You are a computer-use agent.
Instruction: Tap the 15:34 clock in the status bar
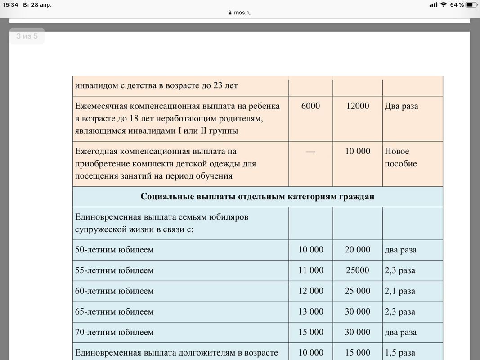(x=10, y=5)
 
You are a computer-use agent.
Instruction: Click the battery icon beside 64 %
(x=471, y=5)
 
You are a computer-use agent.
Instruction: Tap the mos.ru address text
(x=242, y=13)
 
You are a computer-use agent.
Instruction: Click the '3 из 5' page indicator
(x=27, y=36)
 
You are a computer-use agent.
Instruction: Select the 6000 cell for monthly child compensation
(x=311, y=106)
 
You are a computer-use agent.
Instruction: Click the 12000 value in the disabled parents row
(x=358, y=106)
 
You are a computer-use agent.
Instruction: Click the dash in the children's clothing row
(x=311, y=152)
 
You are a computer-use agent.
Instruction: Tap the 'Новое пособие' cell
(x=401, y=157)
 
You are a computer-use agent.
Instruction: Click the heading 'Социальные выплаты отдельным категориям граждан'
(x=257, y=197)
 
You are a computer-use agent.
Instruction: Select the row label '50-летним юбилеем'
(x=114, y=250)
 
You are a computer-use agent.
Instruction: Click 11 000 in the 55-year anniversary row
(x=311, y=270)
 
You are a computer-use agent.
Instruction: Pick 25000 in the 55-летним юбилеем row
(x=358, y=270)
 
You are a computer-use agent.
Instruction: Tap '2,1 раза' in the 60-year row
(x=400, y=291)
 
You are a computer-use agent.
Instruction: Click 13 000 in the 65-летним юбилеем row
(x=311, y=312)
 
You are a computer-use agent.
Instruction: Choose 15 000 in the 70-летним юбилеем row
(x=311, y=333)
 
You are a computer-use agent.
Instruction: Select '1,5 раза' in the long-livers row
(x=400, y=353)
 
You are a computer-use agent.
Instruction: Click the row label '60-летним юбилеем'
(x=114, y=291)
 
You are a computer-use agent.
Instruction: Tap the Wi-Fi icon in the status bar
(x=444, y=5)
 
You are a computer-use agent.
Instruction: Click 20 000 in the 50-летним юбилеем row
(x=358, y=250)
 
